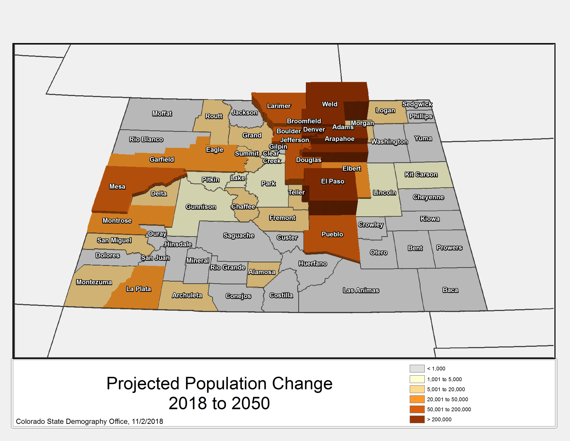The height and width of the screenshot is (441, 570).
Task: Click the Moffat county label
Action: (162, 113)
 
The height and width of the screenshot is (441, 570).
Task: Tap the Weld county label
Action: (330, 104)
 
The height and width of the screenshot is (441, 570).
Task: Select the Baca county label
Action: (450, 290)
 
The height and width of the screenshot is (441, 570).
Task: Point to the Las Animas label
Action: (361, 290)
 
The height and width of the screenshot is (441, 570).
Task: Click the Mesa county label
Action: (117, 186)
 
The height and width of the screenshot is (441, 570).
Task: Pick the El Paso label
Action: (332, 181)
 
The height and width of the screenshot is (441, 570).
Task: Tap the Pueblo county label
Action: (332, 234)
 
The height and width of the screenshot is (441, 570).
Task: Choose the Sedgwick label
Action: (417, 104)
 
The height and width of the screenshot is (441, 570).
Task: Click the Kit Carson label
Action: (421, 174)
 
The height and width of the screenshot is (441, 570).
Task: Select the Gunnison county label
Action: (201, 207)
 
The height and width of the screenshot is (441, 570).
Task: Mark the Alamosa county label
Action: (261, 272)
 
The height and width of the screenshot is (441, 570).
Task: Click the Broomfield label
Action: (304, 121)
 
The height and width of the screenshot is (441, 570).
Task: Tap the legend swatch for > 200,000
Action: (417, 419)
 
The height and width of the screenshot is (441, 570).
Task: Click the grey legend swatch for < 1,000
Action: (417, 368)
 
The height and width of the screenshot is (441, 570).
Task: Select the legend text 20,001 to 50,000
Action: (447, 399)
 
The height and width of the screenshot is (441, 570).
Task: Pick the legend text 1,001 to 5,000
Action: (444, 379)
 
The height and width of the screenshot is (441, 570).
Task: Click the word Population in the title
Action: (225, 383)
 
